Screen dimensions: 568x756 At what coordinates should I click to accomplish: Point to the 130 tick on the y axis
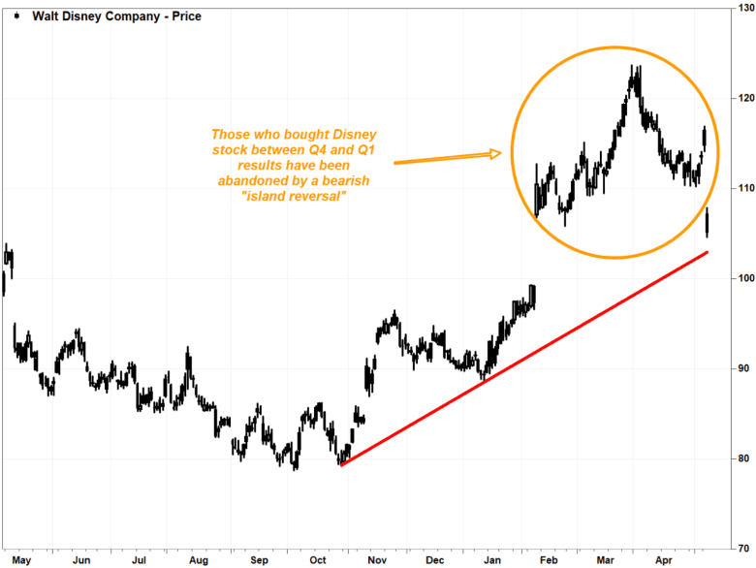(741, 9)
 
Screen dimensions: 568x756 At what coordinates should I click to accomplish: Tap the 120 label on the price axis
(741, 98)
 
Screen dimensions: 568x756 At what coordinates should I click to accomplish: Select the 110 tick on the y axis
(741, 188)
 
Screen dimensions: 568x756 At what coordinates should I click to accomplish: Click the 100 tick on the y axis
(741, 278)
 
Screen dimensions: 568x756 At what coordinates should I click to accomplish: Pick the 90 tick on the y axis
(741, 368)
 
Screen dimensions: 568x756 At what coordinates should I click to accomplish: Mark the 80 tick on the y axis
(741, 458)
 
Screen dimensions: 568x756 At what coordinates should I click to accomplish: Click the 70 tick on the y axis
(741, 549)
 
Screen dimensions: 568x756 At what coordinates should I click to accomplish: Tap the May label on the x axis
(21, 560)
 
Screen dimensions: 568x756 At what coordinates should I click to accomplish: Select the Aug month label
(198, 560)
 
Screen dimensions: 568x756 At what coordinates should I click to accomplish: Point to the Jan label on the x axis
(492, 560)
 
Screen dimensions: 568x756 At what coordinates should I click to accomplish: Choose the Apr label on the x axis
(664, 560)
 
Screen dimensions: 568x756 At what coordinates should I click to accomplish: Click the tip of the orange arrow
(501, 152)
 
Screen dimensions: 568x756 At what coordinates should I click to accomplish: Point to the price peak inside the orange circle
(634, 67)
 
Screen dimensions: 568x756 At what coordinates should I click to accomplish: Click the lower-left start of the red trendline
(341, 465)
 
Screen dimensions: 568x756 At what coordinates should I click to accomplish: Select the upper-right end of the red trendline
(708, 252)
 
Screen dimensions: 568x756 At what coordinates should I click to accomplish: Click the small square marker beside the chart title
(17, 16)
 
